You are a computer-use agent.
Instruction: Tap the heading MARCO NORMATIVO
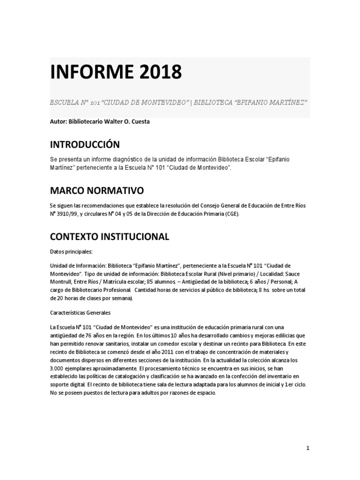point(97,190)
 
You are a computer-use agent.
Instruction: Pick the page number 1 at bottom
point(308,448)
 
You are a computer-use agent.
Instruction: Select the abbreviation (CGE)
point(230,213)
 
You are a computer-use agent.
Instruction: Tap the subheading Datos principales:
point(71,251)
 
